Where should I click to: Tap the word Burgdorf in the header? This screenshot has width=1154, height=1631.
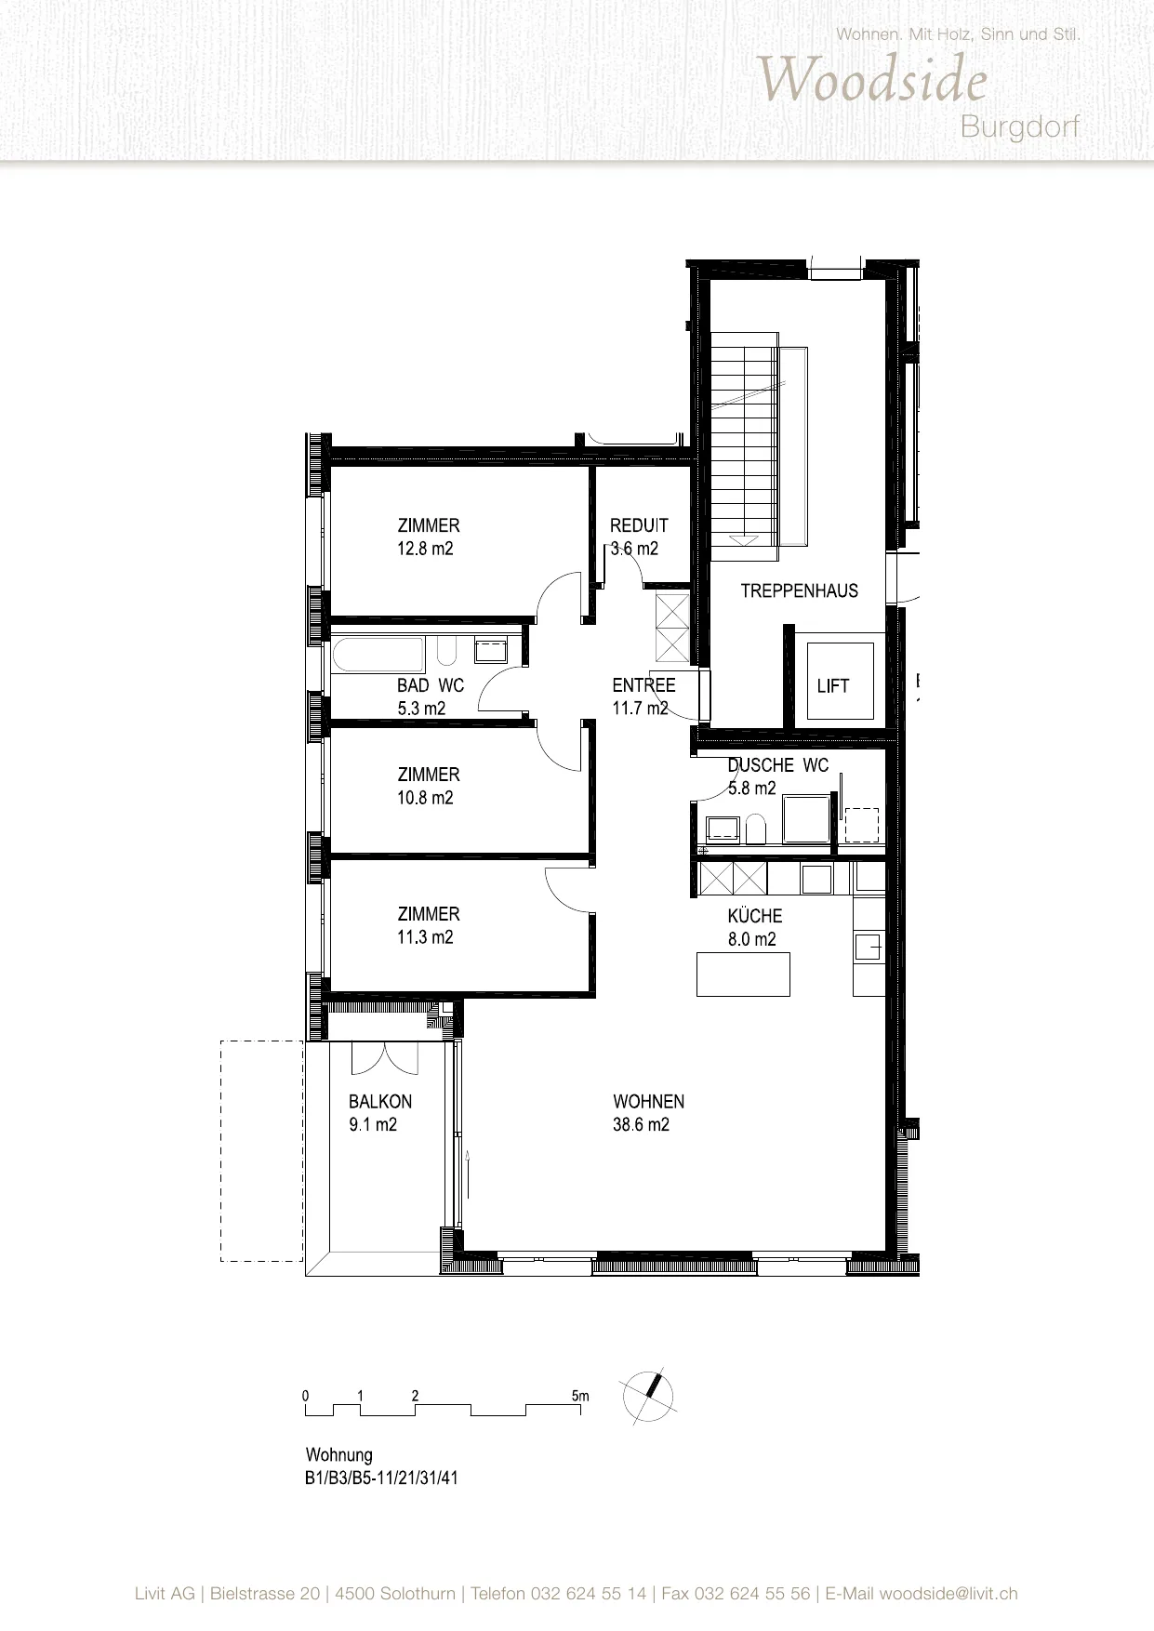1020,126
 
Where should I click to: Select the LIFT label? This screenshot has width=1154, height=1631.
833,686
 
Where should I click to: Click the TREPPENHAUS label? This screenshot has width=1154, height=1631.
800,590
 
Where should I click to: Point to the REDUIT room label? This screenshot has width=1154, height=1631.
639,525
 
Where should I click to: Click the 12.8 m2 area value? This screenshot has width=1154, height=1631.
425,549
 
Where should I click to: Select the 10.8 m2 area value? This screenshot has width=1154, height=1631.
425,798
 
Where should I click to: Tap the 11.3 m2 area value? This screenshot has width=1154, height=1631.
425,937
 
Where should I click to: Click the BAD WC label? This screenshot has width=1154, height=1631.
431,685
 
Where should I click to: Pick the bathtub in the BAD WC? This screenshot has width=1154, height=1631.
378,654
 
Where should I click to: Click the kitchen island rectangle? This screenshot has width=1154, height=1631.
743,974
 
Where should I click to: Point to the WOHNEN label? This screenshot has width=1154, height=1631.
649,1102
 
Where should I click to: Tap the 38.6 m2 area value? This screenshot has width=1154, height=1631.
641,1125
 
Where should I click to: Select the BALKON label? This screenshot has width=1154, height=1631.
380,1102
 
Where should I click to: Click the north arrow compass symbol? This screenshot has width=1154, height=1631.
650,1398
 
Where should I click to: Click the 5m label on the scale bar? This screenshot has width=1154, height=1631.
580,1396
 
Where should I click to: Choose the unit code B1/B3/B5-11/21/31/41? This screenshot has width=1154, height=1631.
382,1478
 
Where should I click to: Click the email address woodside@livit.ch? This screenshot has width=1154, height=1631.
948,1594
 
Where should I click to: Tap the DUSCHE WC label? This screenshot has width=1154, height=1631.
778,765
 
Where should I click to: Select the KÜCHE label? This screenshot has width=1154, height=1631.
755,915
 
